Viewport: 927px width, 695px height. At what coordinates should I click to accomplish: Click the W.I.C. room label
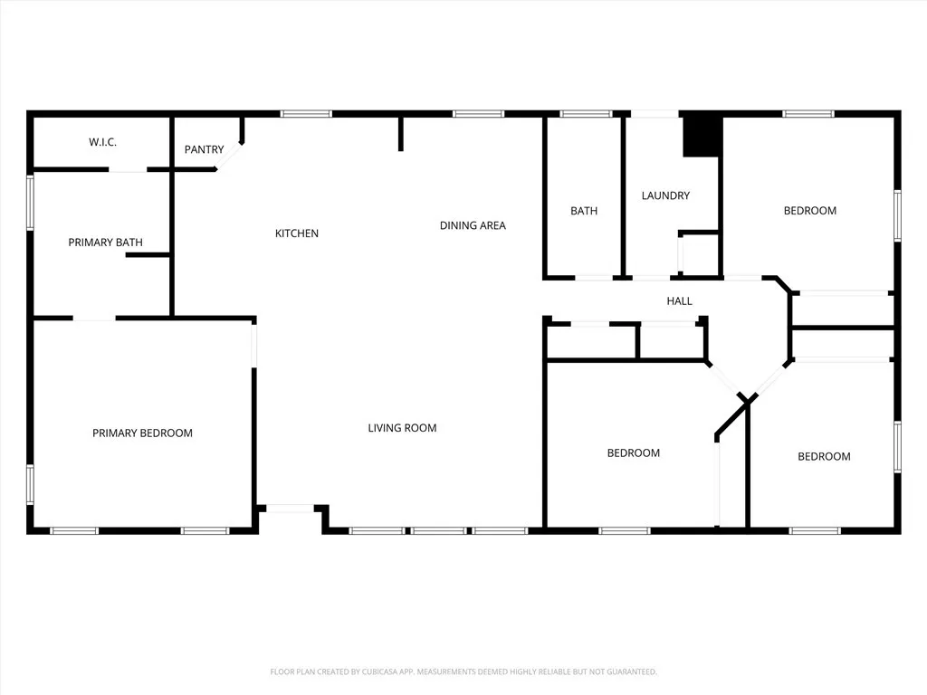(102, 142)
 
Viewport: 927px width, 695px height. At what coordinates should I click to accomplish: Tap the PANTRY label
(204, 149)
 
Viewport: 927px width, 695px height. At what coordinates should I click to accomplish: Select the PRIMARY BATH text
(105, 242)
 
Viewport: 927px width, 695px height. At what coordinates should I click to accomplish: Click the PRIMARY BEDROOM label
(142, 433)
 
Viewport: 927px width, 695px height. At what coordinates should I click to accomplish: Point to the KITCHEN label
(297, 233)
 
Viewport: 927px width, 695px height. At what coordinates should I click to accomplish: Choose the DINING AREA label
(473, 225)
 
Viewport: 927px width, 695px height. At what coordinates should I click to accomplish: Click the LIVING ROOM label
(402, 427)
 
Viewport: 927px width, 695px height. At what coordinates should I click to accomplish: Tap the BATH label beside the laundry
(584, 211)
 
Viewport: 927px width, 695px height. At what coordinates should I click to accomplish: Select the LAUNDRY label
(665, 195)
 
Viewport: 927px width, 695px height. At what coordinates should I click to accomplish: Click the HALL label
(679, 300)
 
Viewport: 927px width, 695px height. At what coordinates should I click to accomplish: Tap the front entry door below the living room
(291, 509)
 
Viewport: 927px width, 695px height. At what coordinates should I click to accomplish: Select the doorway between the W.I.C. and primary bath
(129, 169)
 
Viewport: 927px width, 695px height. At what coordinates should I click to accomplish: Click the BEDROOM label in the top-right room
(809, 211)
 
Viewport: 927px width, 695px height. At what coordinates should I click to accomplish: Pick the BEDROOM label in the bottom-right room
(824, 456)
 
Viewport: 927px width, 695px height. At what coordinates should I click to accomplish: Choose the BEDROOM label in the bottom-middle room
(633, 452)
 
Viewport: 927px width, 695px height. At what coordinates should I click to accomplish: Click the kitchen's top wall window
(306, 114)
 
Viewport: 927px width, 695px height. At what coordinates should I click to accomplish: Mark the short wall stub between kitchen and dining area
(400, 133)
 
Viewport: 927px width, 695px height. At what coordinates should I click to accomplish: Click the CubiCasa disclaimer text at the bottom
(463, 671)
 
